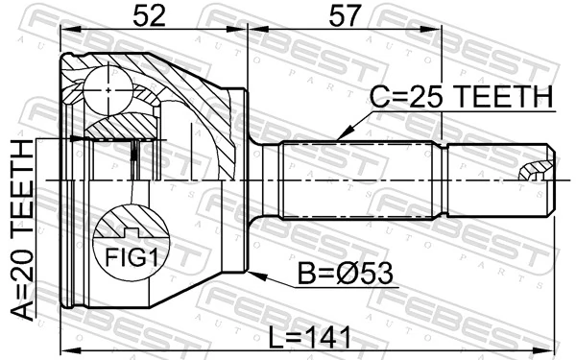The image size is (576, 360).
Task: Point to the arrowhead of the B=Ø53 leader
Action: coord(252,276)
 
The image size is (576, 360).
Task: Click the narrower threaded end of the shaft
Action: coord(499,179)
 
